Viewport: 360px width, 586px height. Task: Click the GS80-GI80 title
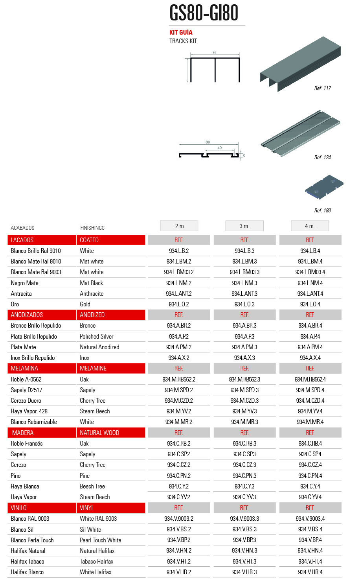[204, 13]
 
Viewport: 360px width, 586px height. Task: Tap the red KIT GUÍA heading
[181, 32]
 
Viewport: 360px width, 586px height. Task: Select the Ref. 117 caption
[322, 88]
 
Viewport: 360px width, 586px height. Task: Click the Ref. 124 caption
[322, 157]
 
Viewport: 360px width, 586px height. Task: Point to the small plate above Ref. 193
[324, 187]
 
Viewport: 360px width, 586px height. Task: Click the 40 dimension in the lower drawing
[220, 148]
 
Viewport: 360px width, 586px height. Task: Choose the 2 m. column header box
[179, 226]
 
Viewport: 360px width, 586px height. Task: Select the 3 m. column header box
[244, 226]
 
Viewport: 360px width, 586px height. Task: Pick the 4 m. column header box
[310, 226]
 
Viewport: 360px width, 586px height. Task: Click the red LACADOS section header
[42, 240]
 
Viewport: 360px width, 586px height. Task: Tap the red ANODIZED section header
[111, 315]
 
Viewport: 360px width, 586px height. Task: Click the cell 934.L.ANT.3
[244, 294]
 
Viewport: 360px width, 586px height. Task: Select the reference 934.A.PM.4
[310, 347]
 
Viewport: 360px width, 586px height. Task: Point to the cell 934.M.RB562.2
[179, 380]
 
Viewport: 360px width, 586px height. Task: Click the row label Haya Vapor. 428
[29, 411]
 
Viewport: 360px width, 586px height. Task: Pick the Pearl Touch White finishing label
[101, 540]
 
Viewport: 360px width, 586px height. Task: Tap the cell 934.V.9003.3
[244, 519]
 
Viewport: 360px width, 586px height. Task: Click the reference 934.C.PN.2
[179, 476]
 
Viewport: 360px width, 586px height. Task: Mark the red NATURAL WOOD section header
[111, 433]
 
